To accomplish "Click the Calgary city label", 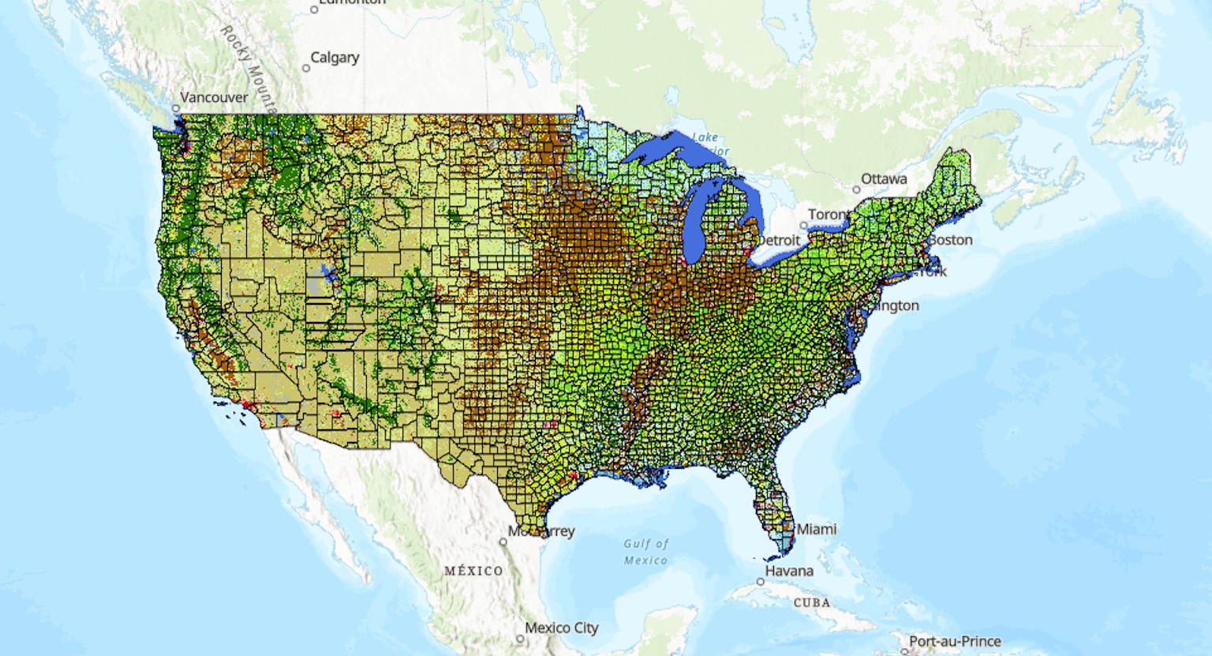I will tap(335, 58).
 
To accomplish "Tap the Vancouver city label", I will tap(214, 98).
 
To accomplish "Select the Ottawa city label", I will tap(884, 179).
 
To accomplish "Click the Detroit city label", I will tap(778, 240).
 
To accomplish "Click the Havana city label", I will tap(789, 571).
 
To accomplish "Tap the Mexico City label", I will tap(561, 628).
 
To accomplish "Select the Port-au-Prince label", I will tap(955, 642).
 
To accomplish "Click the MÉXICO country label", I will tap(473, 571).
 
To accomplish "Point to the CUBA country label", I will tap(812, 602).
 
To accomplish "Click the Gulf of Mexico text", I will tap(646, 552).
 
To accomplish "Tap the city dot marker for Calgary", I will tap(306, 68).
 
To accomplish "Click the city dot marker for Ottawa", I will tap(856, 189).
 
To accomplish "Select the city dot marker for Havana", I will tap(761, 581).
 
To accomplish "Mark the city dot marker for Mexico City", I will tap(520, 639).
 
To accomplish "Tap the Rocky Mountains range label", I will tap(247, 66).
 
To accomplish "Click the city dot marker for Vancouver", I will tap(176, 108).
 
